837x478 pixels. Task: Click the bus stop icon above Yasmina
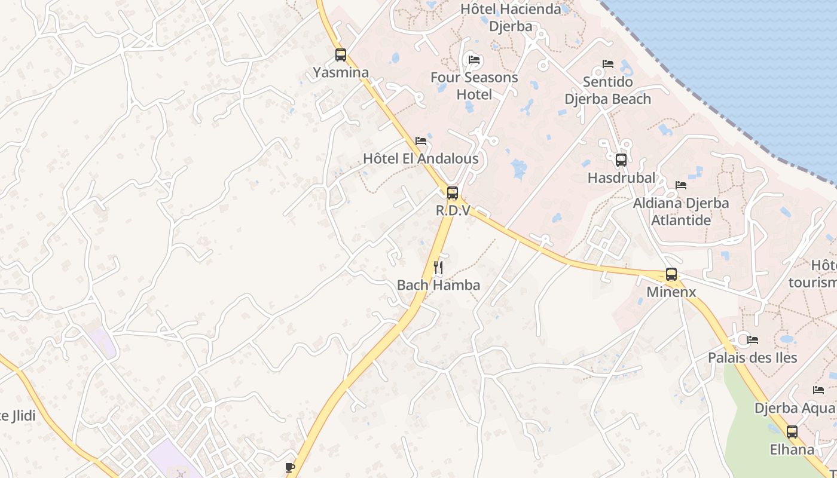[341, 55]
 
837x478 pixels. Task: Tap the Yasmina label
[341, 73]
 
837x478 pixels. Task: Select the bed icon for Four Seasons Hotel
[474, 60]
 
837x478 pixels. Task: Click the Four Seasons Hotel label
[474, 86]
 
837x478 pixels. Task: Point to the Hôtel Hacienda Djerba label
[511, 17]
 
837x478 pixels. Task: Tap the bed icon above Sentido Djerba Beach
[608, 64]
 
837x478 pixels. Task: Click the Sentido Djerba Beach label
[608, 90]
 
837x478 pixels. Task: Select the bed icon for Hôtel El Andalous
[421, 142]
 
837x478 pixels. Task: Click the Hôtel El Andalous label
[421, 159]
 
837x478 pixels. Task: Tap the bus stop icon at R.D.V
[453, 193]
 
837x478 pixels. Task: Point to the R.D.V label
[453, 210]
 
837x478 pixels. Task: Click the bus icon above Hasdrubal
[621, 160]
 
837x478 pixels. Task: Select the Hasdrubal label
[621, 178]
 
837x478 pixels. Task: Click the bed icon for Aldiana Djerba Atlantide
[681, 185]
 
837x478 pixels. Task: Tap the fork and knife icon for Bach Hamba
[438, 267]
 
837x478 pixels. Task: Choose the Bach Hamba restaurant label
[438, 285]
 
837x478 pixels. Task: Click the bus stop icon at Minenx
[671, 275]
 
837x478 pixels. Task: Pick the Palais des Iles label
[752, 358]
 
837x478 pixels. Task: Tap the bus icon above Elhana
[792, 432]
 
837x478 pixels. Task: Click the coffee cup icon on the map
[290, 467]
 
